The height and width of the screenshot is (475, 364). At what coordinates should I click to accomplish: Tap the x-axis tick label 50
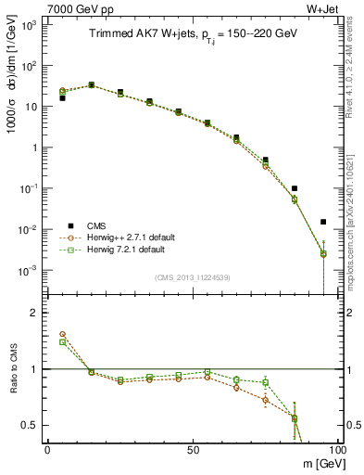(x=192, y=449)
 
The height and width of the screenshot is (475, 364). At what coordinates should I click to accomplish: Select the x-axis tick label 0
(x=47, y=449)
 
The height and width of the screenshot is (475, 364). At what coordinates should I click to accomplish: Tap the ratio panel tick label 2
(x=35, y=313)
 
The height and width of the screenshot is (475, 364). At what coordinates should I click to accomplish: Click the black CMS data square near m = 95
(x=322, y=222)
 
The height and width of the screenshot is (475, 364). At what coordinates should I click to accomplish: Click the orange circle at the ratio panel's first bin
(x=62, y=334)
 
